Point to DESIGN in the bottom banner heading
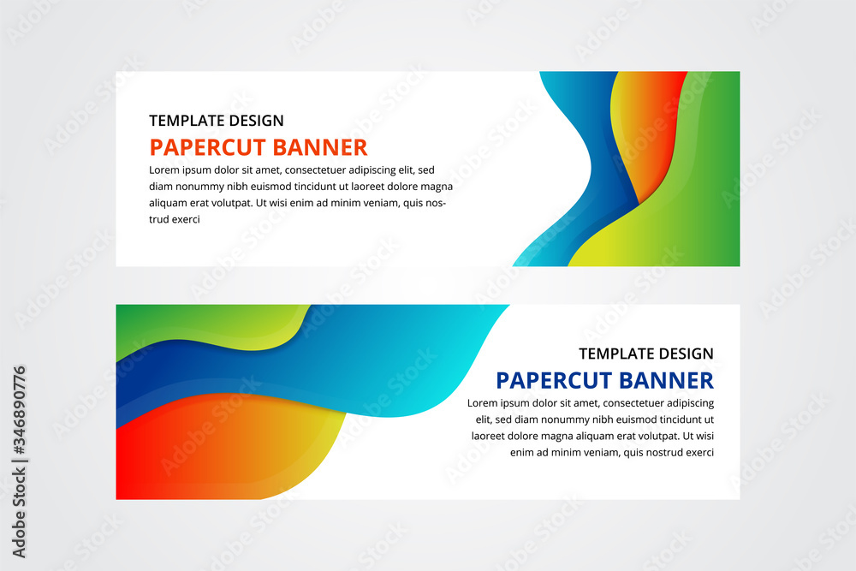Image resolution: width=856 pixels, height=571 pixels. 682,354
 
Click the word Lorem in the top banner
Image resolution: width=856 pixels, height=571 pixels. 166,170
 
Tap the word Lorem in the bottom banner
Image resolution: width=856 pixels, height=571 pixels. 484,403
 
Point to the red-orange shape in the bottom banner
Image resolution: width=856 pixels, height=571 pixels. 171,454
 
